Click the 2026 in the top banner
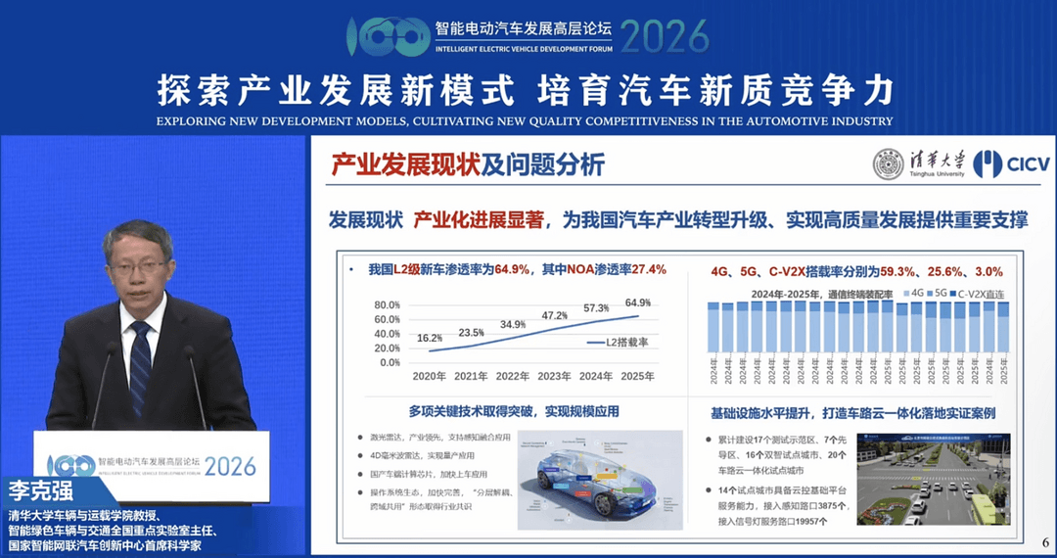[x=665, y=35]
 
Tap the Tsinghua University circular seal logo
[x=888, y=163]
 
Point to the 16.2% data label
[x=429, y=338]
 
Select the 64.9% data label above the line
[x=637, y=302]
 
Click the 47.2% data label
[x=555, y=315]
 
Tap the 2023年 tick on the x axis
[x=555, y=376]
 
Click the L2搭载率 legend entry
[x=623, y=344]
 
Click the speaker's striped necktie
[x=140, y=367]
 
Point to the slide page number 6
[x=1044, y=541]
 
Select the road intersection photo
[x=926, y=479]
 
